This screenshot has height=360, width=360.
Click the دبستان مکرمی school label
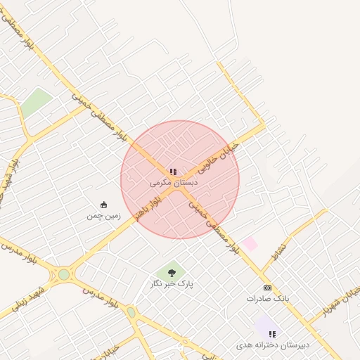pyautogui.click(x=174, y=181)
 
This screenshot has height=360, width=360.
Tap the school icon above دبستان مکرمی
pyautogui.click(x=173, y=172)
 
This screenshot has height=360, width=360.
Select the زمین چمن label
pyautogui.click(x=104, y=216)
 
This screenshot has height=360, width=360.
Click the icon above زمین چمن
pyautogui.click(x=104, y=205)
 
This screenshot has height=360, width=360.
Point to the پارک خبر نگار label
pyautogui.click(x=172, y=283)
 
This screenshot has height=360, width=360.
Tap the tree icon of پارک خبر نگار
pyautogui.click(x=172, y=273)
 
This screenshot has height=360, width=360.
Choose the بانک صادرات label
pyautogui.click(x=267, y=298)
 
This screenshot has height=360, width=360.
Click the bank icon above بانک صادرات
pyautogui.click(x=267, y=288)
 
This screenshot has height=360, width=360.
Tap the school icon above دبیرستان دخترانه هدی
pyautogui.click(x=272, y=334)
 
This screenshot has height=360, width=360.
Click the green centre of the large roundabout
pyautogui.click(x=64, y=274)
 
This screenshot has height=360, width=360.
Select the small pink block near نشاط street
pyautogui.click(x=250, y=244)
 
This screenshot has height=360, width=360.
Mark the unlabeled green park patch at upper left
pyautogui.click(x=36, y=103)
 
